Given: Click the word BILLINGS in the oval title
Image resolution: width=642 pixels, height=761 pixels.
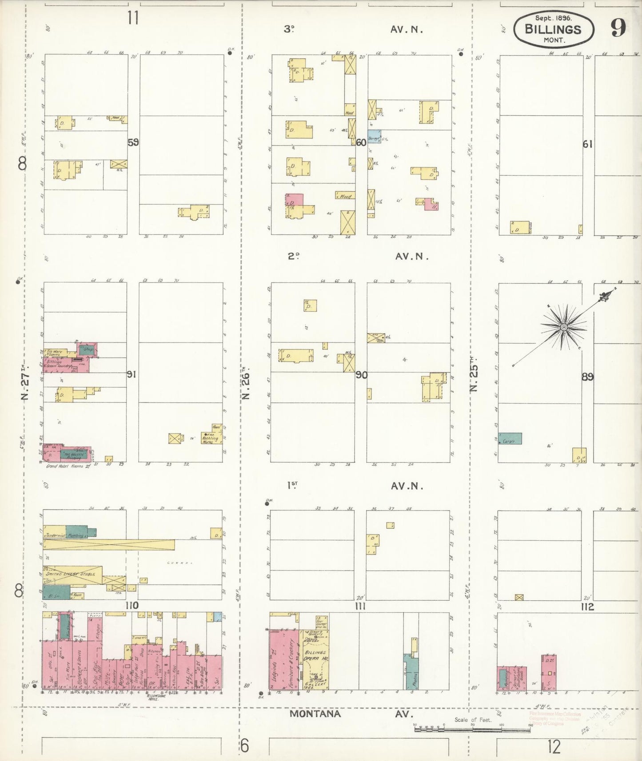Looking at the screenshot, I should tap(553, 29).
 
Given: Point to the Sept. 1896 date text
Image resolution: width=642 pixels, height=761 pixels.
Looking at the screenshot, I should tap(553, 18).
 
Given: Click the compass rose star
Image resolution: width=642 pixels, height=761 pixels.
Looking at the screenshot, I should tap(563, 327).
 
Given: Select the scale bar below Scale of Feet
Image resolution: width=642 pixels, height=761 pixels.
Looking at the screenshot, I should tap(472, 729).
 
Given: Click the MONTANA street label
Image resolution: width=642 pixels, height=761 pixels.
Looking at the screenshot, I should tap(315, 714).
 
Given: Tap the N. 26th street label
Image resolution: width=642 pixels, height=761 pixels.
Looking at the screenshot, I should tap(246, 383).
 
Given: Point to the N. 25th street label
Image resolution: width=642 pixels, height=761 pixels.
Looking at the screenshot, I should tap(474, 377).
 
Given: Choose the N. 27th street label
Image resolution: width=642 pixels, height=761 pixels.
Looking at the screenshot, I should tap(25, 382).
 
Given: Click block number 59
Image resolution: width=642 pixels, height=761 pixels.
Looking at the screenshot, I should tap(133, 142).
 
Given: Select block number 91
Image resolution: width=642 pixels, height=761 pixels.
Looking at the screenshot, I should tap(131, 375).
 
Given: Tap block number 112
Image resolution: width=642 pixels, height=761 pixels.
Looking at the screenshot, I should tap(587, 607).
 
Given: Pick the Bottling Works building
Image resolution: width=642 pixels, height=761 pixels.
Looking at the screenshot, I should tap(211, 438).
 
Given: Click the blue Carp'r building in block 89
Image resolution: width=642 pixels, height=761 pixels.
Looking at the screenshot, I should tap(510, 439).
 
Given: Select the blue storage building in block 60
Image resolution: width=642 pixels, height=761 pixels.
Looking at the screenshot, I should tap(374, 137).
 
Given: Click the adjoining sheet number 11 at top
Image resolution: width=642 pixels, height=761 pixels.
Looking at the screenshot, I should tap(133, 18).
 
